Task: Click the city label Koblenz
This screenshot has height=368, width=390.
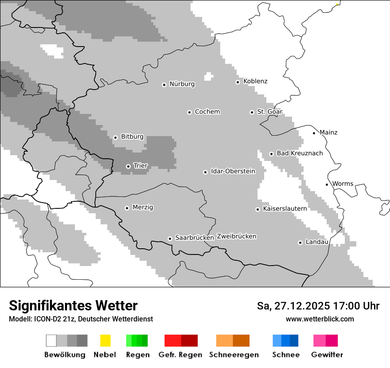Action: (255, 81)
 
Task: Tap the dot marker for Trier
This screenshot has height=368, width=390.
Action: (128, 166)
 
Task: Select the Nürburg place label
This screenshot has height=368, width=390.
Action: (182, 84)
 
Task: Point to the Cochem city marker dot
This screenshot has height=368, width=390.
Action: (189, 112)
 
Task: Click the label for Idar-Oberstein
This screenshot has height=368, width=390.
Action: (233, 171)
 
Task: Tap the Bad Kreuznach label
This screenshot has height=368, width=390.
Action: (300, 153)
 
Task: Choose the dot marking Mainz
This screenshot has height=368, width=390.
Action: (314, 133)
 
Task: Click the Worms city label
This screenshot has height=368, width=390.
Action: (343, 184)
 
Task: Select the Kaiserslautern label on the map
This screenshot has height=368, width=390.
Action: (285, 208)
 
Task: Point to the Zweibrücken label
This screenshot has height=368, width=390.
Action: (236, 236)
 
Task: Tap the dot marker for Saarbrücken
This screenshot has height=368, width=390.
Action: (170, 239)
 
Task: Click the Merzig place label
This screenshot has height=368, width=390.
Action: (143, 207)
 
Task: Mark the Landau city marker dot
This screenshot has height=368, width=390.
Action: (300, 243)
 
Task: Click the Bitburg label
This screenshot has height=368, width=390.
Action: (132, 137)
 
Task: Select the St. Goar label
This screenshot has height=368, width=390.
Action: (269, 112)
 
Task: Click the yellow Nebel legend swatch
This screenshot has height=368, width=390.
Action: (105, 341)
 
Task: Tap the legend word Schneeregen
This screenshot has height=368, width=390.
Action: (234, 355)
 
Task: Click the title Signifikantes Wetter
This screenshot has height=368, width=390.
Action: (73, 305)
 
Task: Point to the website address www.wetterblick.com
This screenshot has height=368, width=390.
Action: (320, 319)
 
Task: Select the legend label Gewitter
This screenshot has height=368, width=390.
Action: (327, 355)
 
